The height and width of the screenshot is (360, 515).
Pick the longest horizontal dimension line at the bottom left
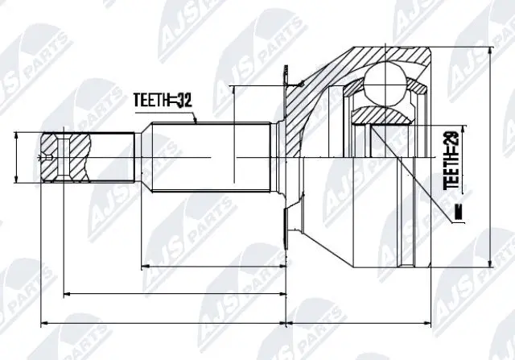point(161,323)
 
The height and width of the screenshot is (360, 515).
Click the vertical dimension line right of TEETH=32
point(233,133)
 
